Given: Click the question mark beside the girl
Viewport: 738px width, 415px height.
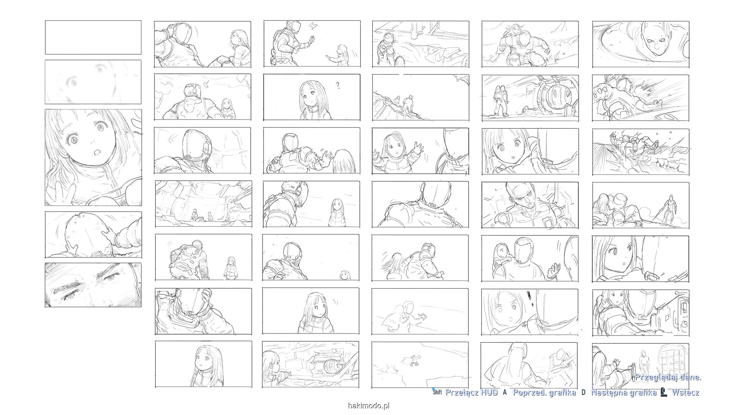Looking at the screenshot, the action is coord(338,85).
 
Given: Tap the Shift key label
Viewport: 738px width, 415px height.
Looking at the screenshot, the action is coord(437,392).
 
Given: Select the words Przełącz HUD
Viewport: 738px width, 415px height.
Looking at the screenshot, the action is coord(471,392).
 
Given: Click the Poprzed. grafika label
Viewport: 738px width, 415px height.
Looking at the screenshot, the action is coord(544,392).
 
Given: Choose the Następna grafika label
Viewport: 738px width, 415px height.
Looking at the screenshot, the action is coord(623,392).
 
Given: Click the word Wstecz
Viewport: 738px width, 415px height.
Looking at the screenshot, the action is coord(685,392).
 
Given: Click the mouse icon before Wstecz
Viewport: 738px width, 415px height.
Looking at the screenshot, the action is coord(663,392).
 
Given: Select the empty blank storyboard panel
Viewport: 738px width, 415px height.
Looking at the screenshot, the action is coord(93,38).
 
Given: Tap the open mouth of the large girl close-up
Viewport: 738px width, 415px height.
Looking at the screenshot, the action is coord(96,152).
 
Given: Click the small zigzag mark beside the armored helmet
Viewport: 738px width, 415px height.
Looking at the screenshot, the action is coord(312,26).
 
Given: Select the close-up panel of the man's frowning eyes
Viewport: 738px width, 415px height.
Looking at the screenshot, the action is coord(93,285).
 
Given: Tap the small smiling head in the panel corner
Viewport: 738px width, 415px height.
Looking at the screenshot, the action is coord(345,275).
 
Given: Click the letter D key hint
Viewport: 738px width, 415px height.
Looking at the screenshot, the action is coord(583,392).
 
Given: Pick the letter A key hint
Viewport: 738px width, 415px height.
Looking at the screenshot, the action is coord(505,392).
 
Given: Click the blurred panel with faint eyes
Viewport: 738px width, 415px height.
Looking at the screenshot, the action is coord(93,82).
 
